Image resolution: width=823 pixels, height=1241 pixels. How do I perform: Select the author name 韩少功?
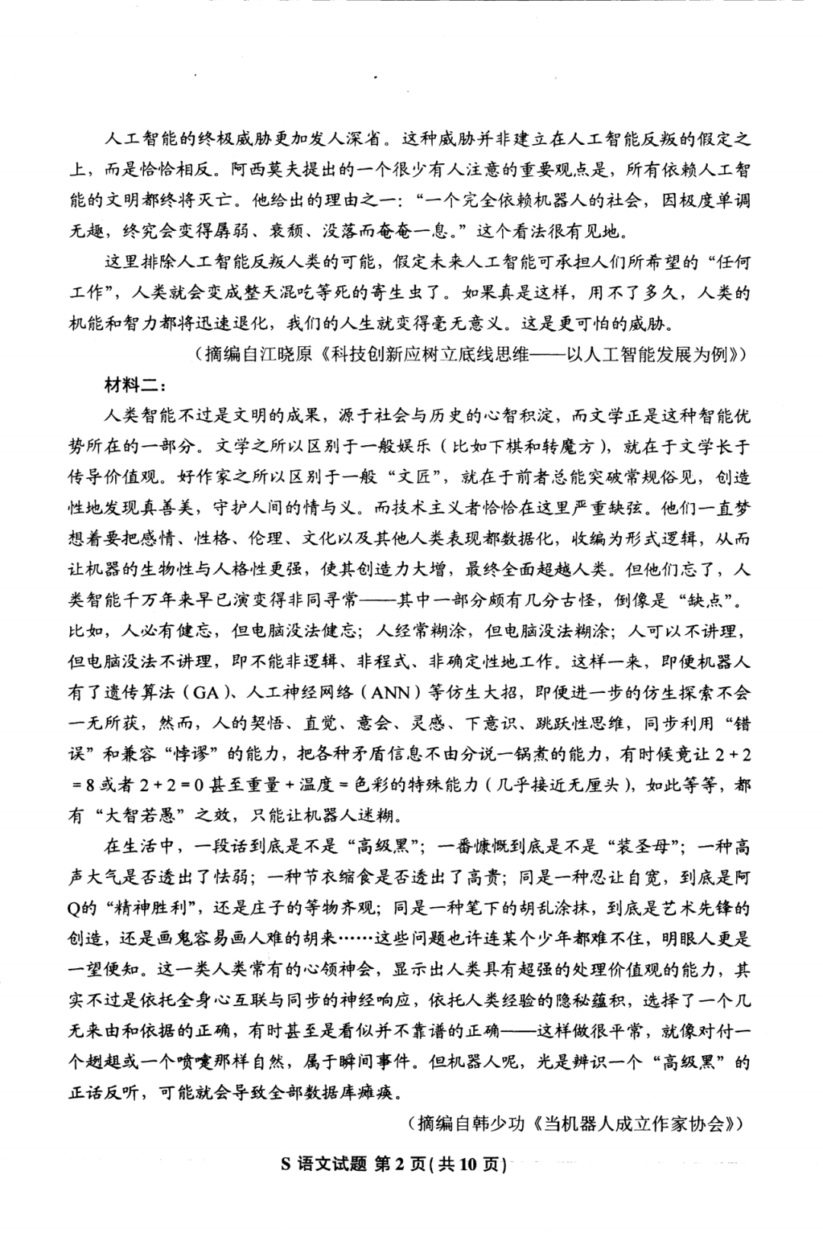(501, 1124)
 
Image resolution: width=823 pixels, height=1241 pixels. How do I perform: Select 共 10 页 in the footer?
(470, 1166)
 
